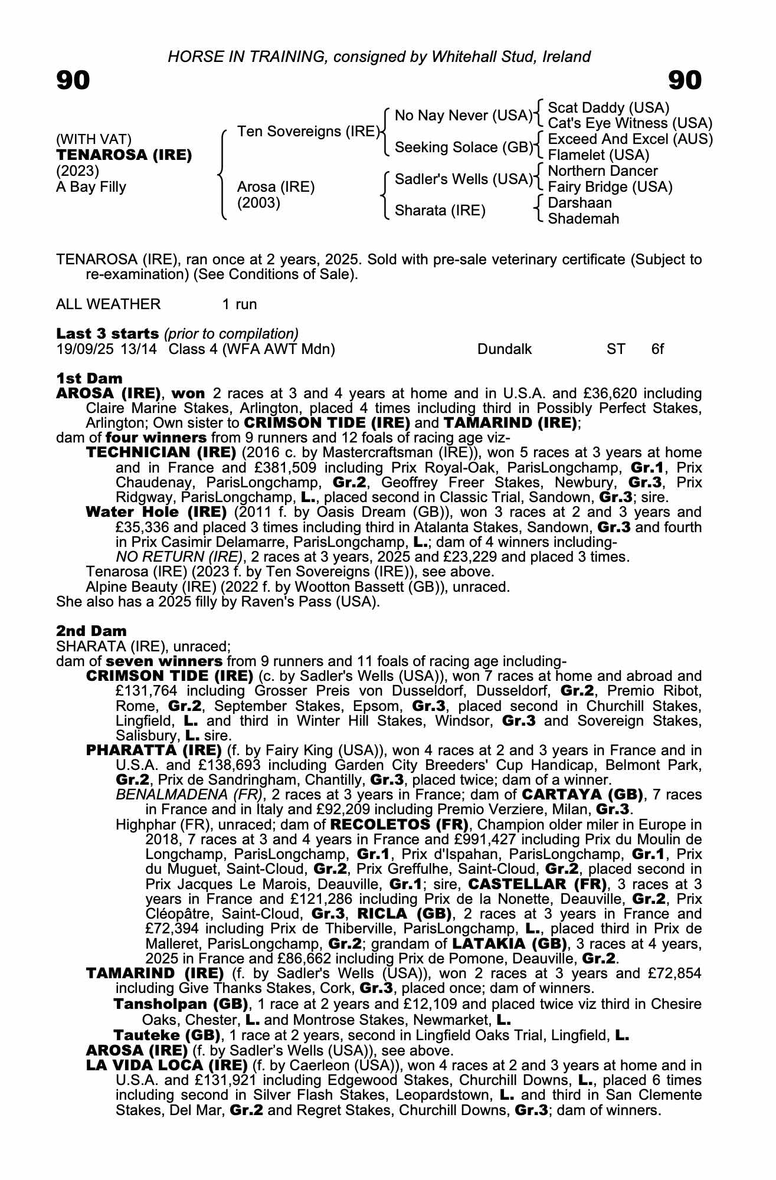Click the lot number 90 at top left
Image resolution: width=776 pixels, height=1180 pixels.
pyautogui.click(x=73, y=81)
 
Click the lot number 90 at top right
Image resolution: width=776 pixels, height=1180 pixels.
pyautogui.click(x=685, y=81)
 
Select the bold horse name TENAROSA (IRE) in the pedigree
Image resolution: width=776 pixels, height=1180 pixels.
pyautogui.click(x=124, y=155)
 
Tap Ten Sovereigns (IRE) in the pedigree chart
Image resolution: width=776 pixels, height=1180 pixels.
pyautogui.click(x=308, y=131)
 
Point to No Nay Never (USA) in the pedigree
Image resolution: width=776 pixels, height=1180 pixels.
pyautogui.click(x=463, y=116)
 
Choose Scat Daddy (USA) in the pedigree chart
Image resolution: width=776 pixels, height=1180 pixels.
pyautogui.click(x=608, y=108)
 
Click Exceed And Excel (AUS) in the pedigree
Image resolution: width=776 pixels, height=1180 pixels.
pyautogui.click(x=630, y=139)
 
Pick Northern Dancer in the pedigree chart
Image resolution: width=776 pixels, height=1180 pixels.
pyautogui.click(x=603, y=171)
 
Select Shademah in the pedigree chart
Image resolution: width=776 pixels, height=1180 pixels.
pyautogui.click(x=584, y=219)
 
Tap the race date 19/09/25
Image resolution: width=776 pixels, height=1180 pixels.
pyautogui.click(x=84, y=349)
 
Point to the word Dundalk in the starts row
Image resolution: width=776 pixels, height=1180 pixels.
pyautogui.click(x=505, y=349)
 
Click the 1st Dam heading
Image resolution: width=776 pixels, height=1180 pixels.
pyautogui.click(x=89, y=378)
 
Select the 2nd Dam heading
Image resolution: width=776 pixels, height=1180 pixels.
pyautogui.click(x=91, y=631)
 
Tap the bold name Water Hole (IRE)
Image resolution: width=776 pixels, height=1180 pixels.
pyautogui.click(x=156, y=512)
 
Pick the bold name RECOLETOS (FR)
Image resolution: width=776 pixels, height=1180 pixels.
pyautogui.click(x=400, y=824)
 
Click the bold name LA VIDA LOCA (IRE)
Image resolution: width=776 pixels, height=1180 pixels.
pyautogui.click(x=167, y=1065)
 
